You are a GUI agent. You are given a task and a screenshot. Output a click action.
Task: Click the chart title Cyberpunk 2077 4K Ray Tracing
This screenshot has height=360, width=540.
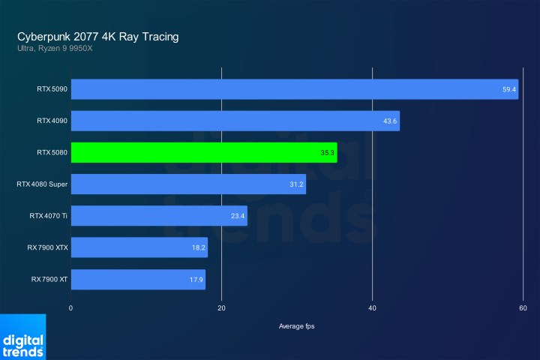coord(98,36)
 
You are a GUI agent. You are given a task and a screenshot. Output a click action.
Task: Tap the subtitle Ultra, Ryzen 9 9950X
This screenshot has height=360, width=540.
coord(55,49)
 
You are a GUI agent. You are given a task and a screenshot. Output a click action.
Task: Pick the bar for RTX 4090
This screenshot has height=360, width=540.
coord(235,121)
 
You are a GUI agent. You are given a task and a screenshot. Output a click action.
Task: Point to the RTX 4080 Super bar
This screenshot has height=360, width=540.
coord(188,184)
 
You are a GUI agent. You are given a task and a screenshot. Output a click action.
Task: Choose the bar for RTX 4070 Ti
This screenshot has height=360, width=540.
coord(159,216)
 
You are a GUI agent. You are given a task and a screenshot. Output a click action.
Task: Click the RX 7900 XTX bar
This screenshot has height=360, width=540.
coord(139,247)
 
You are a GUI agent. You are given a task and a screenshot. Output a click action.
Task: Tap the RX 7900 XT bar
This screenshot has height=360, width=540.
coord(138,280)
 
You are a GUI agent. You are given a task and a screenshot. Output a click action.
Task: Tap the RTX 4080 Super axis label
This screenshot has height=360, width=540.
coord(41,184)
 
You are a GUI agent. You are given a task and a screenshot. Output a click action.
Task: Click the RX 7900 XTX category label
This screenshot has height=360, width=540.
coord(46,247)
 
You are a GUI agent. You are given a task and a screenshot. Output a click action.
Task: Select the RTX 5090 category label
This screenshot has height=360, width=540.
coord(52,89)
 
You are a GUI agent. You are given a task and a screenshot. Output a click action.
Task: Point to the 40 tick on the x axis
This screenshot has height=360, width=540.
coord(373,307)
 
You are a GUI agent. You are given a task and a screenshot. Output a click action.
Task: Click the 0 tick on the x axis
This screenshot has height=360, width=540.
coord(71,307)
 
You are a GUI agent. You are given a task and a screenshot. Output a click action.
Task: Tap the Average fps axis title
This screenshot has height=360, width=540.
coord(296,325)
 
